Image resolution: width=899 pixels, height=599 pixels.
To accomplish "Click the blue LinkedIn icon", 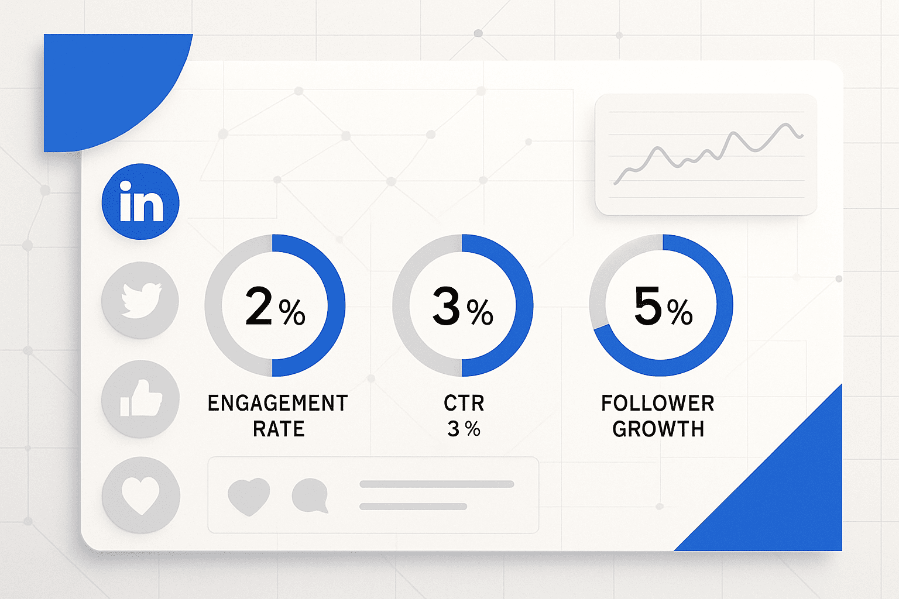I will (140, 202).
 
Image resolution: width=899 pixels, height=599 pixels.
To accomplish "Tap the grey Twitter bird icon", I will (140, 300).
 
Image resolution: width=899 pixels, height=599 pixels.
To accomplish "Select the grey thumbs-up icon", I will (140, 399).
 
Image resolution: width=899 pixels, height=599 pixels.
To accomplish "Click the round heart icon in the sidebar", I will (140, 495).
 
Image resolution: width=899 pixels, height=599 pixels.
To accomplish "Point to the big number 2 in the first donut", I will (259, 306).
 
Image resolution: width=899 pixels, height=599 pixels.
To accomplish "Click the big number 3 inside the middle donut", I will (447, 306).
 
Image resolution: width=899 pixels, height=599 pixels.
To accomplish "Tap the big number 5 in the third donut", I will (648, 305).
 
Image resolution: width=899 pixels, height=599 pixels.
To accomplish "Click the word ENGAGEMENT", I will (278, 403).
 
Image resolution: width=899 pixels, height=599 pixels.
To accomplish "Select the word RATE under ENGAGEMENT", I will (279, 429).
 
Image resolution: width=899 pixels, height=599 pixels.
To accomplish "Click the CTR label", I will (464, 403).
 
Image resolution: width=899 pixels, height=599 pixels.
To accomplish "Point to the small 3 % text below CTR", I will (464, 429).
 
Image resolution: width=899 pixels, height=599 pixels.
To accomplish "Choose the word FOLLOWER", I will (658, 403).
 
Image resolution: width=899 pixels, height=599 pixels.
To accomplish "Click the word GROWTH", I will (658, 429).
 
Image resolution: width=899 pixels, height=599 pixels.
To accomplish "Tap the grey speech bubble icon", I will (310, 495).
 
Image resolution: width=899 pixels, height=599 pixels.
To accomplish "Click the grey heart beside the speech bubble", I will (249, 496).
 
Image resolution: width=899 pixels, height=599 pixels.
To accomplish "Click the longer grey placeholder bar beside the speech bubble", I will (437, 484).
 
